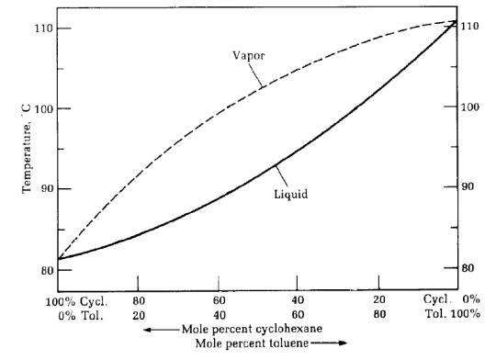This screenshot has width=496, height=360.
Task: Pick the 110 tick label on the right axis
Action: tap(471, 26)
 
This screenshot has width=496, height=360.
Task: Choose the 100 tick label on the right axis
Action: tap(471, 107)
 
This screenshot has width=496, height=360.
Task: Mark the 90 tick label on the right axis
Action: tap(468, 187)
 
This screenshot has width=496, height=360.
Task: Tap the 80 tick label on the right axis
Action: tap(468, 268)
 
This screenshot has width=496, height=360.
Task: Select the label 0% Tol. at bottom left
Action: tap(81, 315)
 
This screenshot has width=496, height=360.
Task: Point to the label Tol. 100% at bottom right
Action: tap(452, 315)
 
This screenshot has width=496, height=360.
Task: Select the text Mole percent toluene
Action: tap(254, 344)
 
